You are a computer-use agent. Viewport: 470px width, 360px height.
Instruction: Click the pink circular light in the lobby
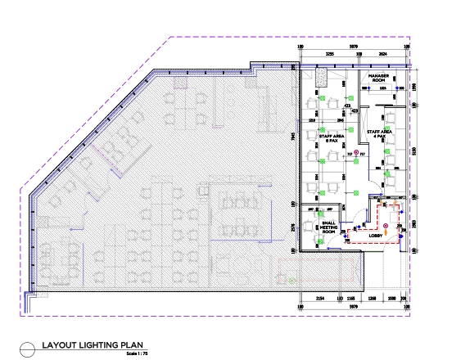click(386, 226)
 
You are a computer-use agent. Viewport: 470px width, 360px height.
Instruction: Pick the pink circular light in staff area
click(357, 153)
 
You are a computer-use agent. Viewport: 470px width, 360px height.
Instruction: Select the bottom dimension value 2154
click(320, 299)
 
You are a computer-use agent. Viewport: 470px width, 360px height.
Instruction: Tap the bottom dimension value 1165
click(350, 299)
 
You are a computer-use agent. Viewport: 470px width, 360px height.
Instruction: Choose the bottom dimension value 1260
click(372, 299)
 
